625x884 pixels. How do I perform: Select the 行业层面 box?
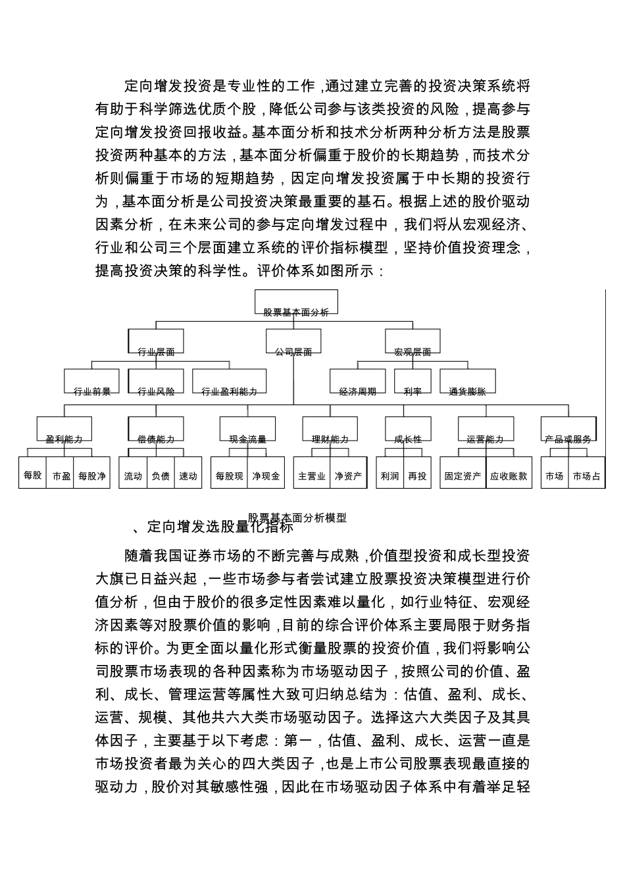click(x=156, y=343)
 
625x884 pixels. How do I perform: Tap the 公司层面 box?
click(x=293, y=343)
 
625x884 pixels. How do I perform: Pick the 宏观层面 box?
click(x=413, y=343)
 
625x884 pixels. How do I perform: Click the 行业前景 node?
click(x=92, y=383)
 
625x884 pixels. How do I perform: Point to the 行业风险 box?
click(x=156, y=383)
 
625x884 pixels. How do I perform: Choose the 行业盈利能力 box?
click(x=229, y=383)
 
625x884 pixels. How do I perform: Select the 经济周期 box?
click(x=358, y=383)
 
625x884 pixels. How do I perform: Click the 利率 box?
click(x=413, y=383)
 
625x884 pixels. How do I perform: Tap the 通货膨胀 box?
click(x=467, y=383)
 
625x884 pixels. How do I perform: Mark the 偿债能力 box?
click(x=156, y=430)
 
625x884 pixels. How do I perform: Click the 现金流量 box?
click(x=247, y=430)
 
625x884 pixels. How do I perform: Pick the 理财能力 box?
click(x=330, y=430)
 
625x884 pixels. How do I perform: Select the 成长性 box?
click(x=408, y=430)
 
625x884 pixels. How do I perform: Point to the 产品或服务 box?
click(x=568, y=430)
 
